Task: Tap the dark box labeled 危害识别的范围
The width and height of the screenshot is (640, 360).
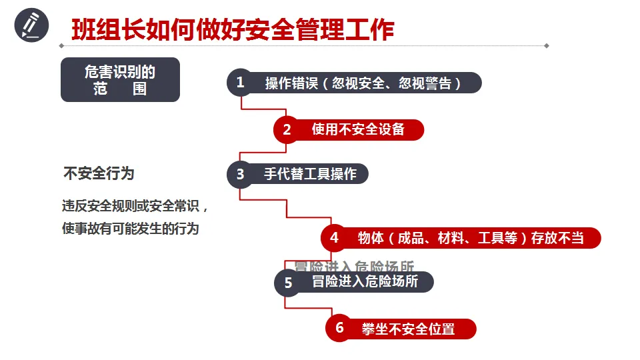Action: coord(120,79)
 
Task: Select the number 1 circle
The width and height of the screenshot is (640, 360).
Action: coord(240,82)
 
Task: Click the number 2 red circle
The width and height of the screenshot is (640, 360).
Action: coord(287,129)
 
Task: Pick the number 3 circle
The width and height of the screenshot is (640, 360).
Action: coord(240,174)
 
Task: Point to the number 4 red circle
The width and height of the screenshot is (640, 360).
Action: coord(334,237)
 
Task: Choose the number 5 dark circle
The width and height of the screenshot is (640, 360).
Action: coord(288,283)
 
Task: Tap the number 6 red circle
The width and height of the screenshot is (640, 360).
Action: coord(339,328)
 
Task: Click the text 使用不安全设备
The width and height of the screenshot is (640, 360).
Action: coord(358,129)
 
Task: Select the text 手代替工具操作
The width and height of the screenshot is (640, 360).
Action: coord(310,174)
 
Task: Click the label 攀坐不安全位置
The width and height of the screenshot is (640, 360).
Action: coord(408,329)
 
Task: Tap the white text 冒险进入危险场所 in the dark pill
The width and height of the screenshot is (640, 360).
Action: coord(365,282)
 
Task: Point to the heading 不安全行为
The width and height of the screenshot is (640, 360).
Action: coord(99,174)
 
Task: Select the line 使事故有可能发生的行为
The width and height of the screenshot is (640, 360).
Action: coord(131,229)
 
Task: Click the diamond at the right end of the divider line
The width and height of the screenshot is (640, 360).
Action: coord(547,46)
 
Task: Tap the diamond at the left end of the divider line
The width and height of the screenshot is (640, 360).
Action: coord(62,46)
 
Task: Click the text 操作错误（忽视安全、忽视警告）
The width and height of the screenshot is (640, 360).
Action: coord(363,83)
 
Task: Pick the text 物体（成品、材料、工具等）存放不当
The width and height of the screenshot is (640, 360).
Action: coord(471,238)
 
